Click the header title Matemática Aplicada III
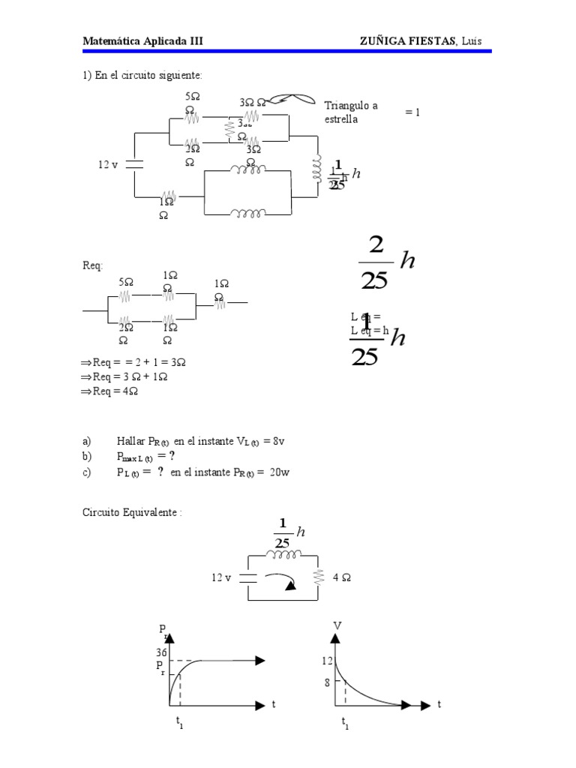pos(142,40)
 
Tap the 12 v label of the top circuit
pos(108,164)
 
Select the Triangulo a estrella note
pos(350,112)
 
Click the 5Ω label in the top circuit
pos(192,97)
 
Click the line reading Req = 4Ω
pos(114,391)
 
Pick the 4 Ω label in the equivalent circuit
pos(342,578)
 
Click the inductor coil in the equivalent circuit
pos(282,555)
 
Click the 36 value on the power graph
pos(161,652)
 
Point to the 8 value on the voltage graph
pos(328,682)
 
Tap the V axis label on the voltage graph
pos(337,625)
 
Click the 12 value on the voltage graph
pos(327,660)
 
